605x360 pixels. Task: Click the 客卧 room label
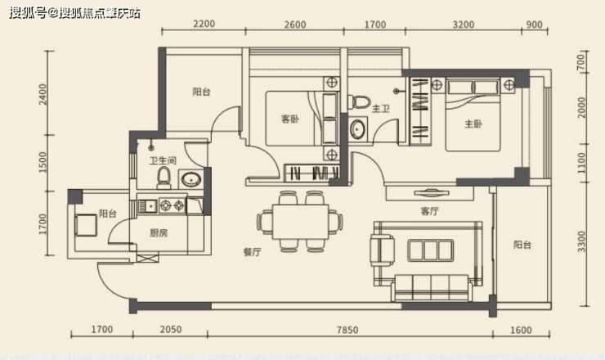(x=290, y=119)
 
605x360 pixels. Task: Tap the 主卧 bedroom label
(x=473, y=124)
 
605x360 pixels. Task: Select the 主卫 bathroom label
(x=380, y=109)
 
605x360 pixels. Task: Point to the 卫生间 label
(x=163, y=160)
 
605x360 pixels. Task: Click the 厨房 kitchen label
(x=159, y=233)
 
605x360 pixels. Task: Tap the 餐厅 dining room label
(x=252, y=252)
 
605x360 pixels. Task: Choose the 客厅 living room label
(x=429, y=211)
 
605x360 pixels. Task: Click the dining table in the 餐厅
(x=300, y=222)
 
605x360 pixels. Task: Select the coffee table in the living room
(x=431, y=250)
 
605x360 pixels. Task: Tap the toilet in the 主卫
(x=359, y=102)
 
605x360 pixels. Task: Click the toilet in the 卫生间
(x=164, y=178)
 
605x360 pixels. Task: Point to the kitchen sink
(x=147, y=206)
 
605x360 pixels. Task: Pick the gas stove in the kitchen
(x=173, y=205)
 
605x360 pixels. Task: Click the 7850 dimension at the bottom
(x=347, y=330)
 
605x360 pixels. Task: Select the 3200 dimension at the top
(x=463, y=25)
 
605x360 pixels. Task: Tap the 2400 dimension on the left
(x=43, y=94)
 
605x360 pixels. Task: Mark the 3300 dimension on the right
(x=581, y=241)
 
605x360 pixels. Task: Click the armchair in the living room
(x=383, y=250)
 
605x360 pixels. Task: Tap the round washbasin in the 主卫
(x=357, y=129)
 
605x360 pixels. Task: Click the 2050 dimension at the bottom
(x=171, y=330)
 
